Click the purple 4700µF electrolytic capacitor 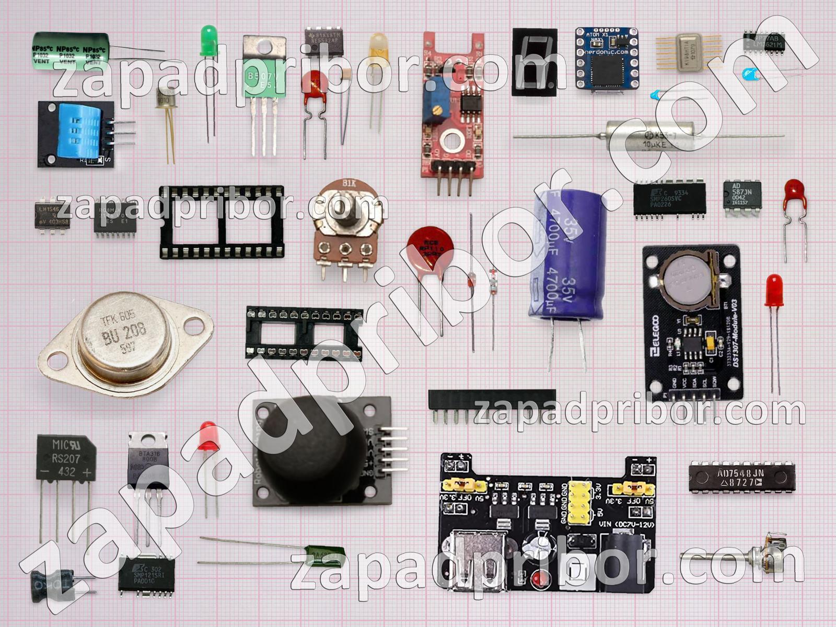[x=567, y=256]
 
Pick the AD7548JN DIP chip [x=742, y=477]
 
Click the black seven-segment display [x=535, y=62]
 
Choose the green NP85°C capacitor [x=71, y=51]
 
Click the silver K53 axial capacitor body [x=651, y=136]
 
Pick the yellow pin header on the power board [x=578, y=502]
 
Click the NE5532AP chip [x=324, y=42]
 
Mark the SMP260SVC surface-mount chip [x=669, y=199]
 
